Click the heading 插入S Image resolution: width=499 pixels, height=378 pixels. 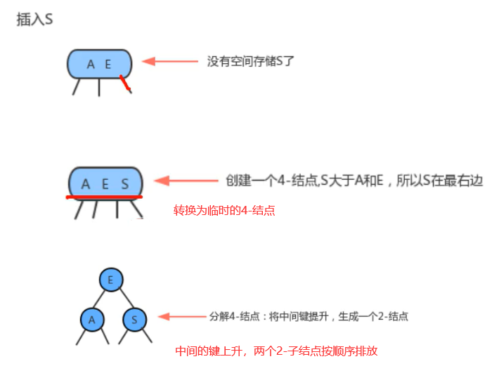[34, 20]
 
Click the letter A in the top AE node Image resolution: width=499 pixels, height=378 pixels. [91, 65]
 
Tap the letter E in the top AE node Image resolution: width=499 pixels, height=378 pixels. [108, 65]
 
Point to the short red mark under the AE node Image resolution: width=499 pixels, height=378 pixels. [125, 84]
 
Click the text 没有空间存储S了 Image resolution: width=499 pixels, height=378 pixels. [250, 61]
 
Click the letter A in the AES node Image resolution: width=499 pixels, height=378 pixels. [86, 184]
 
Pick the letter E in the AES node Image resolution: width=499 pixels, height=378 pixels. [105, 184]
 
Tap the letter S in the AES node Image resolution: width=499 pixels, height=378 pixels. [125, 184]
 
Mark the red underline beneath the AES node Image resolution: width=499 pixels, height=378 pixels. [104, 197]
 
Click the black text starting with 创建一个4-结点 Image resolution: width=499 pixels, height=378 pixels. [355, 180]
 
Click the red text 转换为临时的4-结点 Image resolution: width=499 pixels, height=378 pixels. [224, 210]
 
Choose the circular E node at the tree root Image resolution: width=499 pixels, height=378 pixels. [110, 279]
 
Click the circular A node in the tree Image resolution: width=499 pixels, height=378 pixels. [91, 320]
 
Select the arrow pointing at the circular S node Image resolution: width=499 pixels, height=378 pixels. [179, 318]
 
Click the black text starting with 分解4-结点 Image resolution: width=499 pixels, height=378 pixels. [309, 317]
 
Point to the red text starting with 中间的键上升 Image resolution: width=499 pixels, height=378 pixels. [276, 351]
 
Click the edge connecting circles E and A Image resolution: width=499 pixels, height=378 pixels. [101, 299]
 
